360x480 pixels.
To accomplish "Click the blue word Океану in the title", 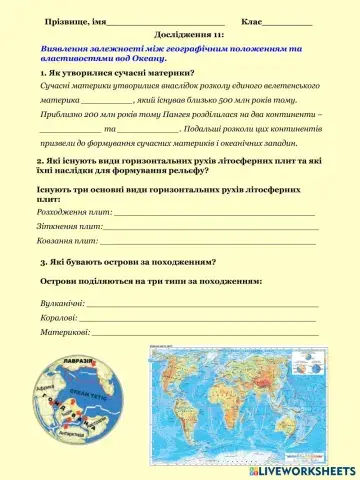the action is point(151,58).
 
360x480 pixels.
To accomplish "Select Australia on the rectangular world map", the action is point(318,424).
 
